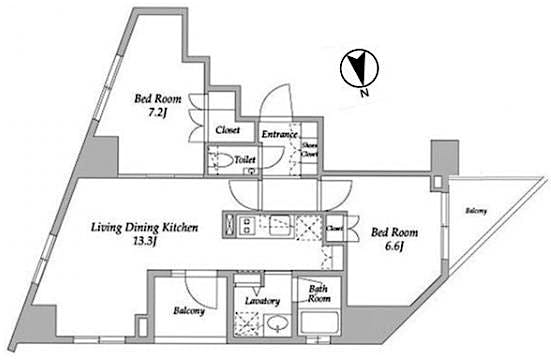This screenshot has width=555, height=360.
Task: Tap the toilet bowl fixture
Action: tap(238, 160)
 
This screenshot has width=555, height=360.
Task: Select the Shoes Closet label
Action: tap(311, 149)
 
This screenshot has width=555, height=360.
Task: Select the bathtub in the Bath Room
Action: tap(321, 326)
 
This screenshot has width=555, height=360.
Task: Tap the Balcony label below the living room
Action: tap(189, 311)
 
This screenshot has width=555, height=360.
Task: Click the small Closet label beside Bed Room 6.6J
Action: tap(334, 228)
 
